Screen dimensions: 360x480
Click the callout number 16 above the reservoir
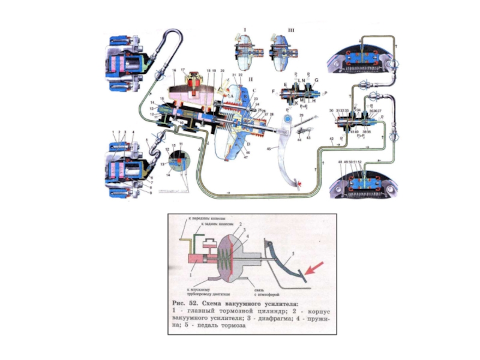[173, 70]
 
